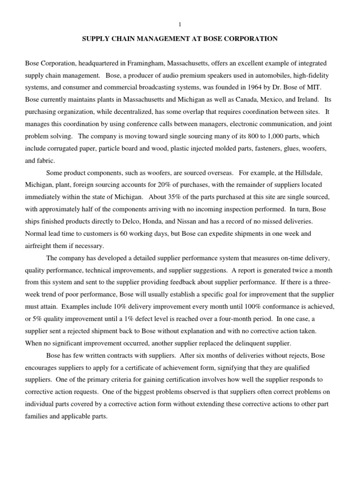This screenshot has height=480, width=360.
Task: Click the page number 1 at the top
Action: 180,24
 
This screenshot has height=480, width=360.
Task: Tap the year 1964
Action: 258,87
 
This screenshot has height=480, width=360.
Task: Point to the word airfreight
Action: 40,246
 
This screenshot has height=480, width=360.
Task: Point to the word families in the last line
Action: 37,416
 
